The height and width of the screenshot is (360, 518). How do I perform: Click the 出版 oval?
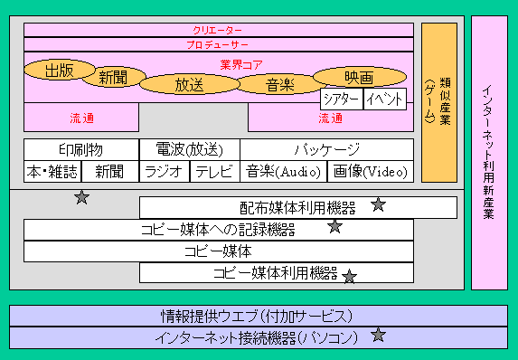pyautogui.click(x=60, y=70)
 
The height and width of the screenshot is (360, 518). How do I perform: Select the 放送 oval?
pyautogui.click(x=190, y=84)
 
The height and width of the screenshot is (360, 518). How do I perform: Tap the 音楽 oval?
pyautogui.click(x=279, y=84)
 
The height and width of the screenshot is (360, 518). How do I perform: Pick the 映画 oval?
pyautogui.click(x=360, y=77)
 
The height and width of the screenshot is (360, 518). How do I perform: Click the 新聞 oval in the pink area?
pyautogui.click(x=114, y=78)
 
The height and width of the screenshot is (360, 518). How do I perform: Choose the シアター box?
pyautogui.click(x=342, y=99)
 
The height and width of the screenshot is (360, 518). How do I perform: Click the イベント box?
pyautogui.click(x=385, y=99)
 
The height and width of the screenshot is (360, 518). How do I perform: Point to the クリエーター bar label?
pyautogui.click(x=217, y=31)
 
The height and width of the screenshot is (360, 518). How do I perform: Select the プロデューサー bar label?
pyautogui.click(x=217, y=45)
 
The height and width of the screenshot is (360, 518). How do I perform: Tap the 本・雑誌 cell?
pyautogui.click(x=52, y=172)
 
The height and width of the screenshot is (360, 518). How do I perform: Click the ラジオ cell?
pyautogui.click(x=165, y=172)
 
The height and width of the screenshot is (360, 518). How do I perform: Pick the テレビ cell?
pyautogui.click(x=215, y=172)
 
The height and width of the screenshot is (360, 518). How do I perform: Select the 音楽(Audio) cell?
pyautogui.click(x=284, y=172)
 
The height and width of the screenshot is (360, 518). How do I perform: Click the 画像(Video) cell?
pyautogui.click(x=371, y=172)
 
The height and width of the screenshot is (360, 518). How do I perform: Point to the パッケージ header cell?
pyautogui.click(x=326, y=150)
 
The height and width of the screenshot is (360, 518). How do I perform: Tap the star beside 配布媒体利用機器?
pyautogui.click(x=378, y=204)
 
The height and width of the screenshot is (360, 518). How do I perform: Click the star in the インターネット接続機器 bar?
pyautogui.click(x=378, y=335)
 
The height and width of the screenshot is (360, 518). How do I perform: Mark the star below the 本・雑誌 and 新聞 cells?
pyautogui.click(x=81, y=197)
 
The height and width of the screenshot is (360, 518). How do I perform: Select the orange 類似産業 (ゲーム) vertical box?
pyautogui.click(x=439, y=102)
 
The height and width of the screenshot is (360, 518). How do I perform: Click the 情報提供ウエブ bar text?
pyautogui.click(x=257, y=316)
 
